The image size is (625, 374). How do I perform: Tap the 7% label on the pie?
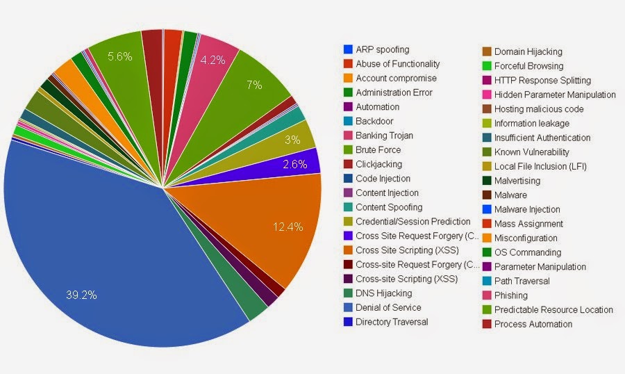pos(253,85)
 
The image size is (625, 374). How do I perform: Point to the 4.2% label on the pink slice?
pos(212,60)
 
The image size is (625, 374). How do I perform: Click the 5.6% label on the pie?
pos(119,56)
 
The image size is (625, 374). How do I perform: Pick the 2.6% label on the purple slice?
pos(295,164)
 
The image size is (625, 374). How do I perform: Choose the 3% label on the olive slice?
pos(292,139)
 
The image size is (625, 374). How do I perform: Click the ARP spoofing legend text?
pos(382,49)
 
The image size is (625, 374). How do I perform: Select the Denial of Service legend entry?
pos(388,307)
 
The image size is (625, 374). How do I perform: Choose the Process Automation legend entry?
pos(533,324)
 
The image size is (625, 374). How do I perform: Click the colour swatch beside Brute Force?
pos(348,149)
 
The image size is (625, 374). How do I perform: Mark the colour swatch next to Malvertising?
pos(487,181)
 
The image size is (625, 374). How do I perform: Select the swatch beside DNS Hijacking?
pos(348,293)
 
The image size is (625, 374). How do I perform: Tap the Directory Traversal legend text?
pos(392,322)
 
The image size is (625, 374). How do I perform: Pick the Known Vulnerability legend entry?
pos(531,152)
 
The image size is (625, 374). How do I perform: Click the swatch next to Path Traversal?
pos(487,281)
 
